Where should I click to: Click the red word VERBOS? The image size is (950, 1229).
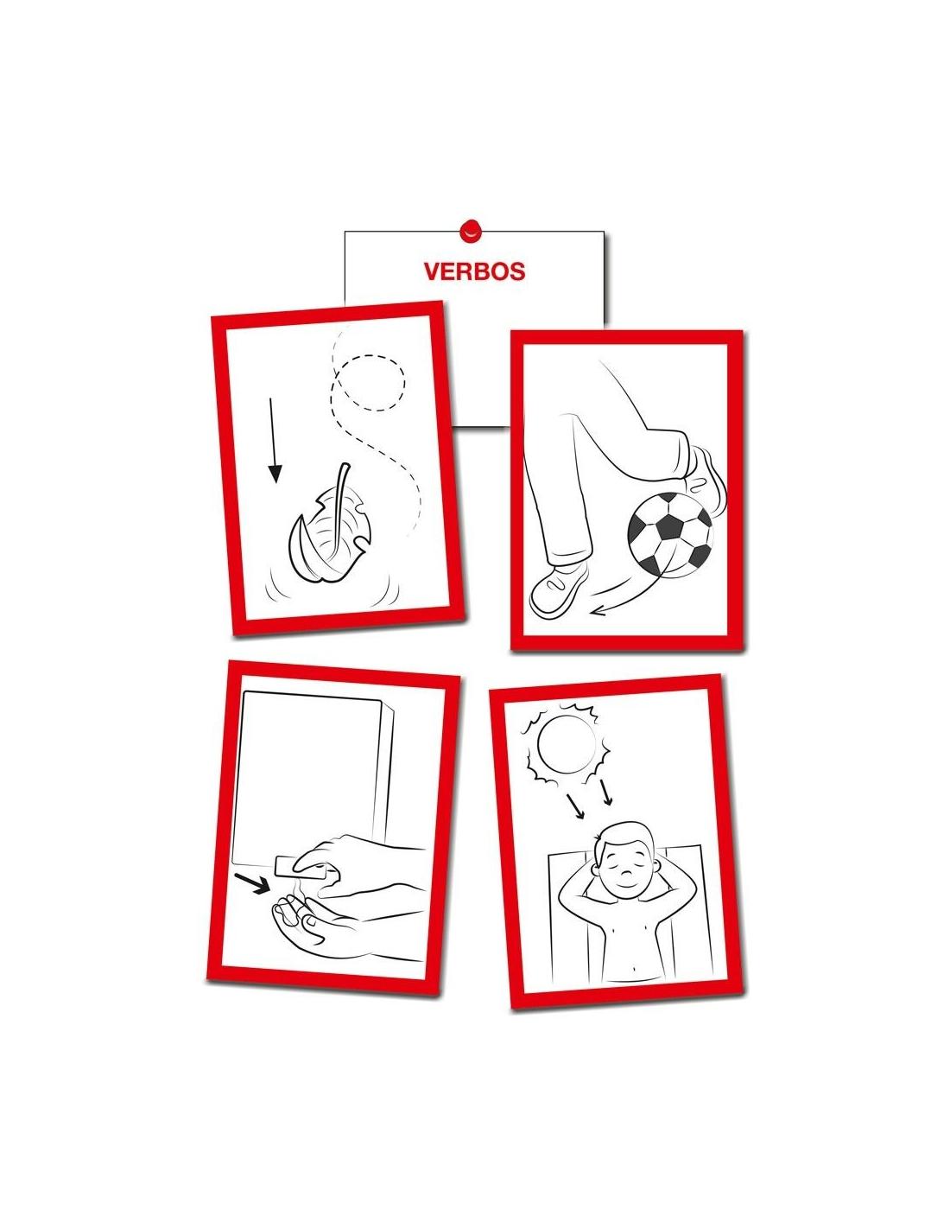[474, 271]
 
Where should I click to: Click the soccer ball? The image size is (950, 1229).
[669, 534]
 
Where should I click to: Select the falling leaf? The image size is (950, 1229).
[328, 538]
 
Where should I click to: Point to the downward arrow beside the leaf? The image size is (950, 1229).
[273, 440]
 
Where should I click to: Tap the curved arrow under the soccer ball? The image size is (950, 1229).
[630, 594]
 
